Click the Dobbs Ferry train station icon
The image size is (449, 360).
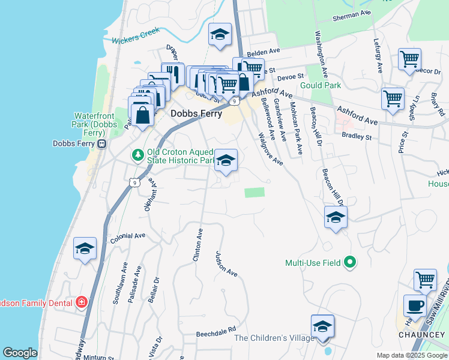[x=102, y=144]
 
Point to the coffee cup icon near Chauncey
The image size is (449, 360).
[x=415, y=305]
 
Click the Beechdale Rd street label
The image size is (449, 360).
[x=217, y=334]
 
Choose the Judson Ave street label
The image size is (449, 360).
[x=227, y=263]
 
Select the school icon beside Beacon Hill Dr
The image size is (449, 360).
[x=336, y=217]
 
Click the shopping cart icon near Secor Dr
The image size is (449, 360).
[x=409, y=59]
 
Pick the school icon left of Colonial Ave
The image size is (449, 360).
[x=85, y=248]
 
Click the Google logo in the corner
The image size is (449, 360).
[x=20, y=353]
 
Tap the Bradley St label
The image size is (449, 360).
[x=357, y=137]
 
